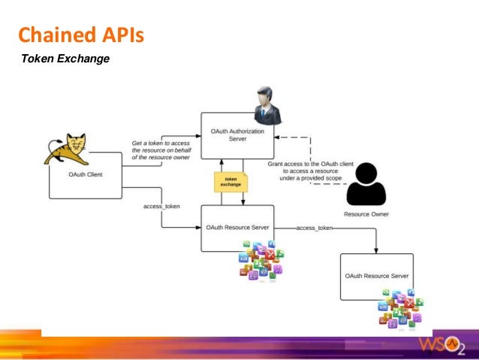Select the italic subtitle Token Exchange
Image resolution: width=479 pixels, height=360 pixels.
point(65,58)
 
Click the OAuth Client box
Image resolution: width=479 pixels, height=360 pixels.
point(86,175)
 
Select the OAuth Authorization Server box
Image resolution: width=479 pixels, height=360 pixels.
point(236,135)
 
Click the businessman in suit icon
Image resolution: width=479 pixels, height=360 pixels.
point(266,106)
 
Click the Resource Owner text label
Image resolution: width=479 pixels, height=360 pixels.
point(366,214)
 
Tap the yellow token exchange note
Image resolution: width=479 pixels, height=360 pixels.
point(230,182)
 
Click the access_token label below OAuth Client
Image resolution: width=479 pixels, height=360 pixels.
point(161,206)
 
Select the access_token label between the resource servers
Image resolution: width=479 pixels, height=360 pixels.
point(315,227)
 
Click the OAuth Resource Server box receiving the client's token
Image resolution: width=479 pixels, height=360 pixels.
point(236,227)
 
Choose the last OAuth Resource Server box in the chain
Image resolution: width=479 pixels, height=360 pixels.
point(376,276)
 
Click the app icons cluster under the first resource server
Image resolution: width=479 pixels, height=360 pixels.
point(260,260)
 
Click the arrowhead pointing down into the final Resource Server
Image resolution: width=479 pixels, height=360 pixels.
point(376,250)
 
